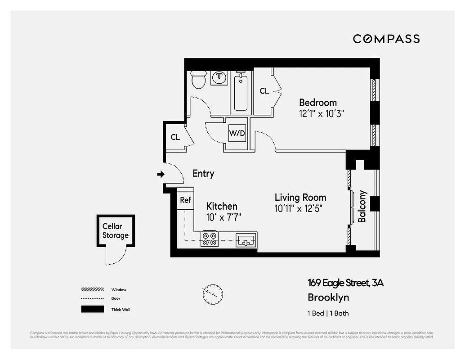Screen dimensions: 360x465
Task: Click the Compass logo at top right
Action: tap(386, 39)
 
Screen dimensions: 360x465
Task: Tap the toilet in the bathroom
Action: tap(198, 80)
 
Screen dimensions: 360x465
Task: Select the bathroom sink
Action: tap(219, 77)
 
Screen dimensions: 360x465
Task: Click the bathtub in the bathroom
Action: tap(241, 94)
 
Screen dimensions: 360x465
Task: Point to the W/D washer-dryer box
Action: tap(237, 133)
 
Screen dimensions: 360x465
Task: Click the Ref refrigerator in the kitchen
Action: tap(185, 200)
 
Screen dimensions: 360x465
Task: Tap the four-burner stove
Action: tap(210, 238)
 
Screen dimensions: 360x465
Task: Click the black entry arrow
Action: tap(160, 174)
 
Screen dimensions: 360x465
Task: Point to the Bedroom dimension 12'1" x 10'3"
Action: tap(322, 114)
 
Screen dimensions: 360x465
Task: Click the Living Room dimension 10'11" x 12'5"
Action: tap(299, 209)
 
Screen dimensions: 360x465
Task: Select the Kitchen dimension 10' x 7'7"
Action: tap(224, 218)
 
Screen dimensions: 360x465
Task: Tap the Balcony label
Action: tap(362, 207)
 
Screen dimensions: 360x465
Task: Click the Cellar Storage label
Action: tap(115, 231)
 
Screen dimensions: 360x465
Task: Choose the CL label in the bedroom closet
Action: tap(264, 91)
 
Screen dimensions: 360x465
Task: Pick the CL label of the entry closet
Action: tap(175, 137)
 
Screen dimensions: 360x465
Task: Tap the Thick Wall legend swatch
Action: tap(92, 310)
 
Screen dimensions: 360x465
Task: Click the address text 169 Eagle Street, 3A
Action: tap(345, 283)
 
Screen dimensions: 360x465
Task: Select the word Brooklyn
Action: tap(328, 297)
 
